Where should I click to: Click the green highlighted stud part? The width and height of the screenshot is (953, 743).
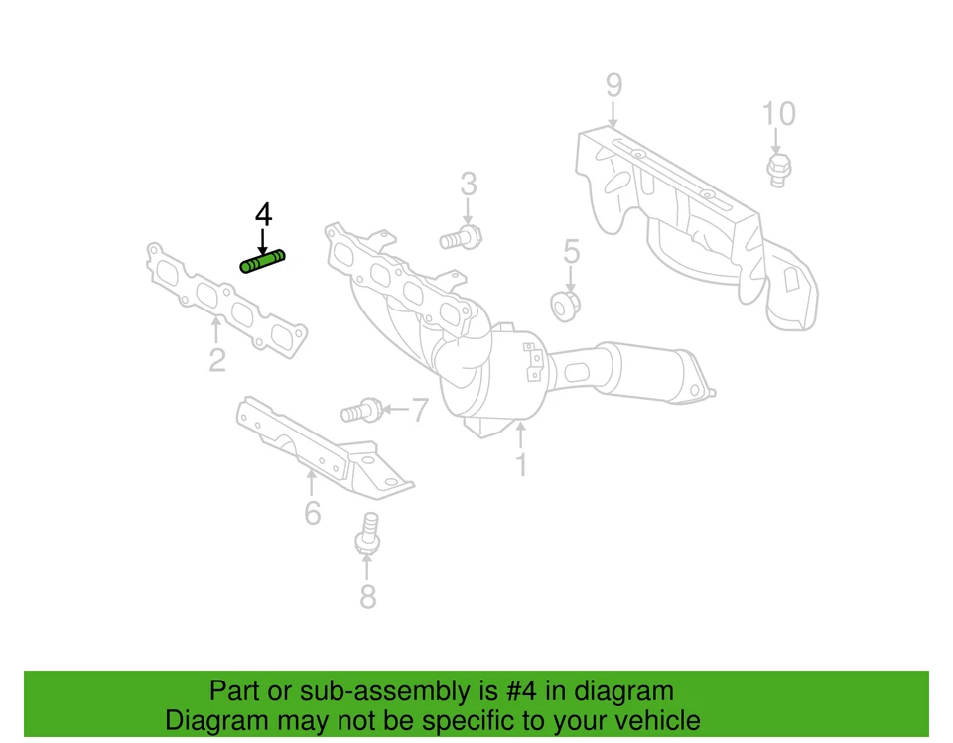262,262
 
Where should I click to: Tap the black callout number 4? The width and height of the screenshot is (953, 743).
263,213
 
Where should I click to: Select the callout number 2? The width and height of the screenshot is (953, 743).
217,359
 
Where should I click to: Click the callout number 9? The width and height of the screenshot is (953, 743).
613,86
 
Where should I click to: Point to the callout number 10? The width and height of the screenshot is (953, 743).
778,114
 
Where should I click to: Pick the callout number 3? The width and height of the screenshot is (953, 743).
468,184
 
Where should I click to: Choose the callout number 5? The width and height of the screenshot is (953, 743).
571,251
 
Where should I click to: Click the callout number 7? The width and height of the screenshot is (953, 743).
420,409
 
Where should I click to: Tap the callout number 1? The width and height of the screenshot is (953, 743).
520,463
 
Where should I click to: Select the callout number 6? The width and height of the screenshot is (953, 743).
312,512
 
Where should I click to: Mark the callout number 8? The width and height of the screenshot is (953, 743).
367,596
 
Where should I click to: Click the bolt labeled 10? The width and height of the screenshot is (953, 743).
777,170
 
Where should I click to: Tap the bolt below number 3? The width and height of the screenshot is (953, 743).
461,239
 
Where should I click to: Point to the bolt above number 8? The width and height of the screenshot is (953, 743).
367,532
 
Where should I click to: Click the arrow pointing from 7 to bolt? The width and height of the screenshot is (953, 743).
393,409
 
